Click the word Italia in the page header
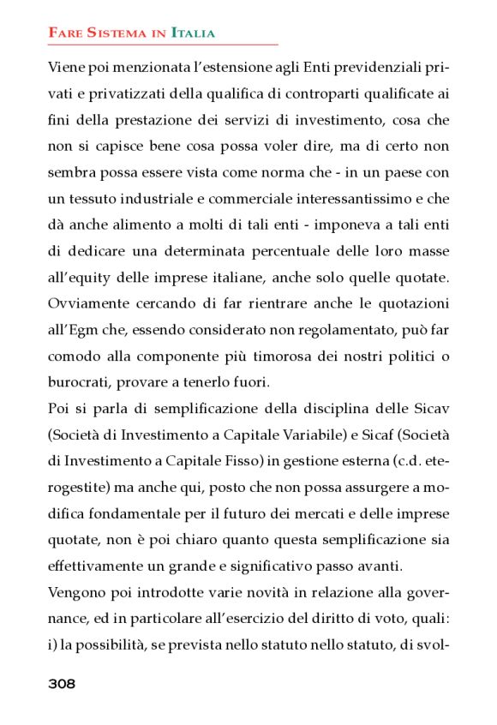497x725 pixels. pos(193,33)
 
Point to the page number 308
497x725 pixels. pos(62,683)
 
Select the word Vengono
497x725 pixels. pos(78,592)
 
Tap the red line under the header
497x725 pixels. pos(163,44)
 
